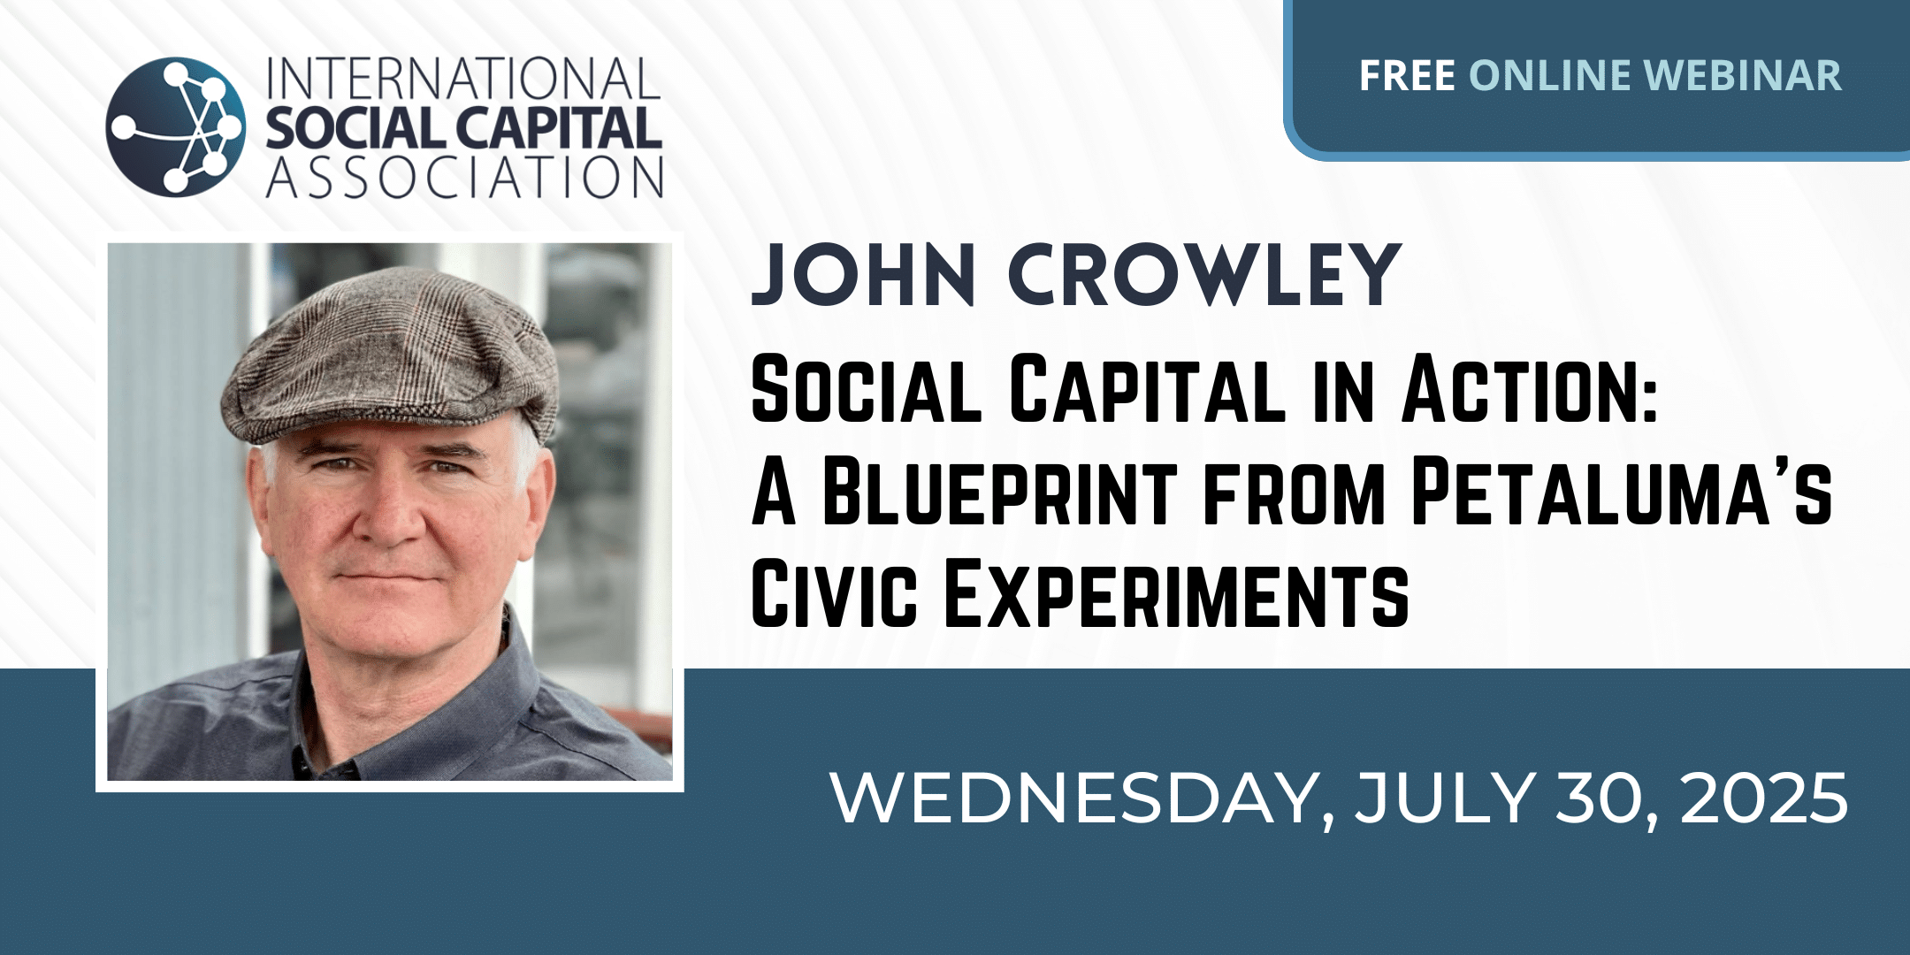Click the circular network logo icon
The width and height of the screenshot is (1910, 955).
click(175, 126)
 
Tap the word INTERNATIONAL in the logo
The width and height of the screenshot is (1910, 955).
click(463, 80)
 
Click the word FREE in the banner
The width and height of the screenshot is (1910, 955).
click(1407, 75)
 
